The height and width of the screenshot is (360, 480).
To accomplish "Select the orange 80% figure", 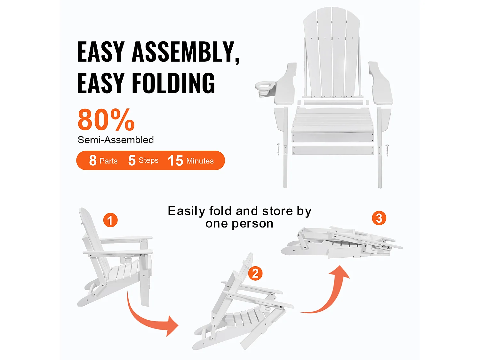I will click(106, 120).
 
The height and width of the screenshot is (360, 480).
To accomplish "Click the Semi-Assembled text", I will click(116, 140).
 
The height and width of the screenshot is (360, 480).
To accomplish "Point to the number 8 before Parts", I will click(93, 160).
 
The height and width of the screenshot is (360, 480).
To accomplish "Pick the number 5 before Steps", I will click(132, 160).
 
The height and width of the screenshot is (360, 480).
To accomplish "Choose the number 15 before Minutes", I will click(175, 161).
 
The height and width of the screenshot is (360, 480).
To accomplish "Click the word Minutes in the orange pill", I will click(200, 161).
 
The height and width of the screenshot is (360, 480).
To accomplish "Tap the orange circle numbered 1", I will click(110, 220).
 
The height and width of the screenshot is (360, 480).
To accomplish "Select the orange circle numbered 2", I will click(255, 273).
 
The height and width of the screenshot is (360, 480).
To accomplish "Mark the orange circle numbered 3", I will click(379, 218).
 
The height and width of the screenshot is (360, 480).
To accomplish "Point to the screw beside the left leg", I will click(278, 149).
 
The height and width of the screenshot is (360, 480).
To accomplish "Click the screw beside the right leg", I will click(387, 150).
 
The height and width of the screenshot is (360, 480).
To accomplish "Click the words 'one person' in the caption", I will click(239, 224).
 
